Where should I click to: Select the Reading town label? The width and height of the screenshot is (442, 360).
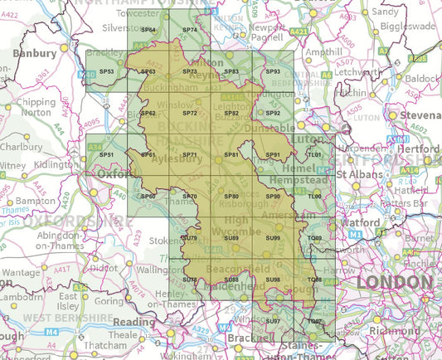click(x=135, y=322)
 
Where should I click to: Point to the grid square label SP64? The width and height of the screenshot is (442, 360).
click(x=148, y=30)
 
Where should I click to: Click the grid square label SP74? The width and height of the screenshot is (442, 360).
click(x=189, y=30)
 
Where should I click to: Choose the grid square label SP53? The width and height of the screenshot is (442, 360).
click(x=106, y=72)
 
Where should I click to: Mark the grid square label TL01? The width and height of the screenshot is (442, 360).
click(x=314, y=155)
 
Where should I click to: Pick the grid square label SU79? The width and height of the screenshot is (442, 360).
click(x=189, y=239)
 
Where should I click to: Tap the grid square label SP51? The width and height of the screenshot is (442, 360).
click(x=106, y=155)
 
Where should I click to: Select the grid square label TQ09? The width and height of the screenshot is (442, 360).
click(x=314, y=239)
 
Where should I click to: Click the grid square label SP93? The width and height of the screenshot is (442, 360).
click(x=273, y=72)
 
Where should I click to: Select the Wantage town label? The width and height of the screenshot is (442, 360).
click(x=20, y=272)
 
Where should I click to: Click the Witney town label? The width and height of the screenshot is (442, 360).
click(x=12, y=165)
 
